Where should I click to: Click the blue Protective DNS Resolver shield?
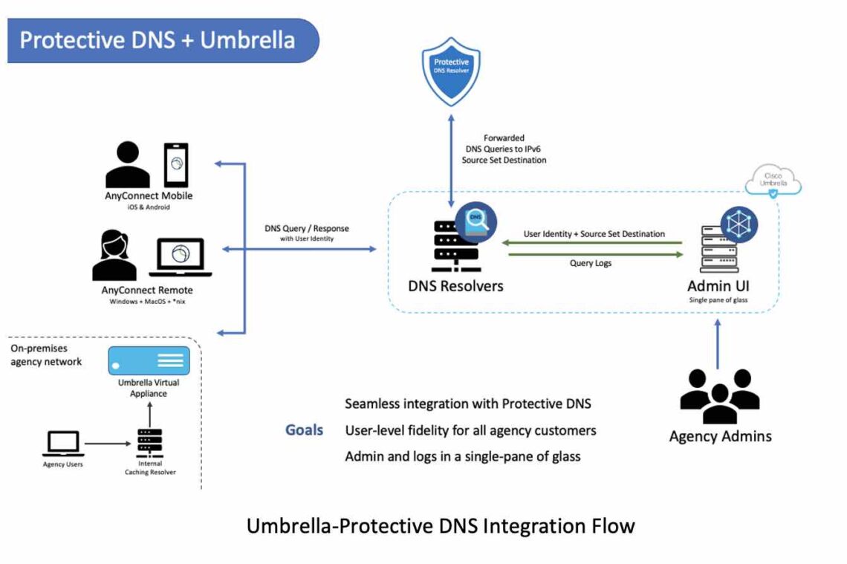(x=451, y=73)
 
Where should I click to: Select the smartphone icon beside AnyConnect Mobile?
(x=176, y=165)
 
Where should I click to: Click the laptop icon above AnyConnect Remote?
(x=181, y=257)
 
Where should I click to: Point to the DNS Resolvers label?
(x=455, y=286)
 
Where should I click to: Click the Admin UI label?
(x=718, y=287)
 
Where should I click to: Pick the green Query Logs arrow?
(x=595, y=255)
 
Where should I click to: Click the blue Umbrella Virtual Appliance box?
(x=149, y=360)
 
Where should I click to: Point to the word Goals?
(x=305, y=430)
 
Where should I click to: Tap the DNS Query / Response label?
(x=307, y=229)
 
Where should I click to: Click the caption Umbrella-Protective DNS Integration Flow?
(x=441, y=526)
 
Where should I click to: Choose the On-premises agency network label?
(x=46, y=355)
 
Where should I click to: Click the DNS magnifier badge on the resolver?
(x=476, y=221)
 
